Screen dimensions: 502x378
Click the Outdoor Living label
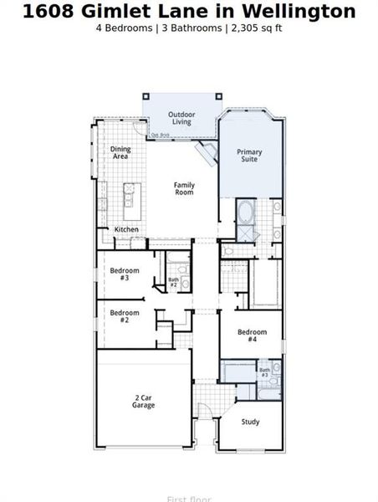click(x=181, y=118)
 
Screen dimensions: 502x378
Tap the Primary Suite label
click(x=249, y=156)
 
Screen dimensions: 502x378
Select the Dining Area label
click(x=121, y=153)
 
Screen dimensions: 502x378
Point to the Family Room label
click(x=184, y=188)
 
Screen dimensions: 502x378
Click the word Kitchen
click(x=126, y=229)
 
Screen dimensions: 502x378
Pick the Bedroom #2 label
click(x=124, y=316)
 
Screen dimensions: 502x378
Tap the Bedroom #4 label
click(x=252, y=336)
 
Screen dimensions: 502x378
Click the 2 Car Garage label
click(x=143, y=402)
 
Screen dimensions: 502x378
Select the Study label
click(x=250, y=423)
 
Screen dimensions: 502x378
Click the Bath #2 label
click(x=174, y=283)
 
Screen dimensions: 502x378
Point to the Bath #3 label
click(x=264, y=372)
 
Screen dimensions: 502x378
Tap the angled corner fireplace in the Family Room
click(x=204, y=151)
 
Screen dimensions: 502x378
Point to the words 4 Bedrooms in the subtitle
click(x=125, y=28)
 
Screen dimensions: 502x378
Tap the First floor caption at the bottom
click(x=188, y=499)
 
